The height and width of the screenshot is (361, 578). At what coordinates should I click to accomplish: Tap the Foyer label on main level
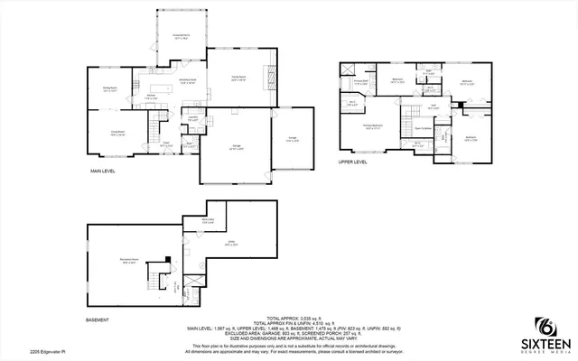pos(166,143)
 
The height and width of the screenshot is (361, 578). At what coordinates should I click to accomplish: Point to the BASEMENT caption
pos(98,319)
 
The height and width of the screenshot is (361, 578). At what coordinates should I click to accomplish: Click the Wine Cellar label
pos(208,220)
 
